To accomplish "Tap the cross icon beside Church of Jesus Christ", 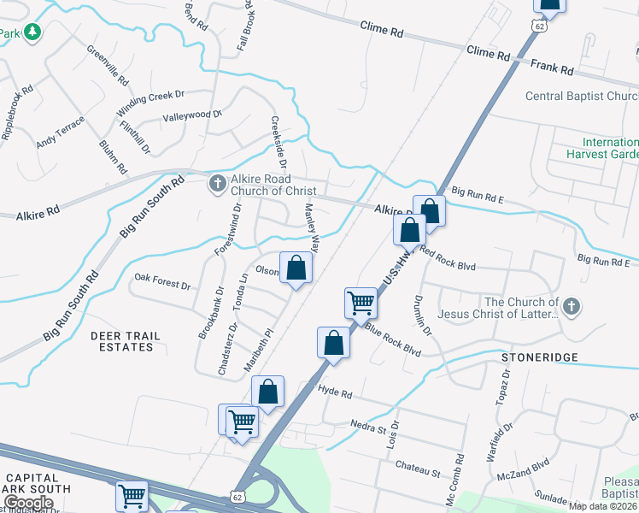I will pos(572,305).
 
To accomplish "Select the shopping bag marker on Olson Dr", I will pos(296,268).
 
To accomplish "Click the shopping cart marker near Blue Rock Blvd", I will pos(361,302).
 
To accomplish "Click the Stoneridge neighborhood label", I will pos(540,356).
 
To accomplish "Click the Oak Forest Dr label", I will pos(162,278).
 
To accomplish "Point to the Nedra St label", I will pos(370,424).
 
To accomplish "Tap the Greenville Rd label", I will pos(108,65).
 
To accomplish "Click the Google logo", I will pos(28,503).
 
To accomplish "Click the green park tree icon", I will pos(32,32).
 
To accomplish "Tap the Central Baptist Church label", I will pos(581,96).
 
